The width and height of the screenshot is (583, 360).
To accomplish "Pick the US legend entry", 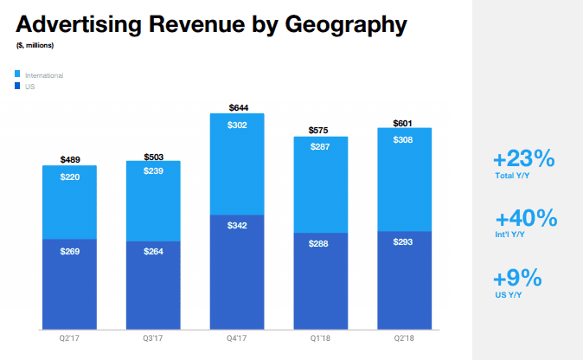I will (29, 87).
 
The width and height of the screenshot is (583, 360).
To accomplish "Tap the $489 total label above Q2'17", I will (71, 159).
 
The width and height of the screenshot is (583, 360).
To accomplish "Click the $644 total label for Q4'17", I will (239, 107).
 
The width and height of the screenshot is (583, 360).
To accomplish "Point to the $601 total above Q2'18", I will (405, 123).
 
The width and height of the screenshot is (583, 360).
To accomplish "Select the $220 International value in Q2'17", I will (71, 177).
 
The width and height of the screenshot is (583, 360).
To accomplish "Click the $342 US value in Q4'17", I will (239, 225).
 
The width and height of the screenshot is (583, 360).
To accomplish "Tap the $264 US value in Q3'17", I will (154, 253).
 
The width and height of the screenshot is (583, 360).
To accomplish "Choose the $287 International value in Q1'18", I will (321, 148).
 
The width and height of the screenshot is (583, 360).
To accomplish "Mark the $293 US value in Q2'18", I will (405, 243).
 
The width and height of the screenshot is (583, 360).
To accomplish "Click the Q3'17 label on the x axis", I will (154, 339).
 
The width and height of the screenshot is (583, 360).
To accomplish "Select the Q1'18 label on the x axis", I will (321, 339).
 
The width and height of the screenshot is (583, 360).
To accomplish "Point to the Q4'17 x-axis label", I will (238, 339).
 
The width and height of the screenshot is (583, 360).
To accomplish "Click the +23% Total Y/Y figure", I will (523, 160).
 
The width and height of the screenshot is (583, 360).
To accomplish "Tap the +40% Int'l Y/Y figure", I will (525, 219).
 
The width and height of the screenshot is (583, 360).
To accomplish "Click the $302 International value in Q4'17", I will (239, 125).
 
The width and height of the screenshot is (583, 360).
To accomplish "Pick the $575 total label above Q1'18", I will (321, 131).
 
